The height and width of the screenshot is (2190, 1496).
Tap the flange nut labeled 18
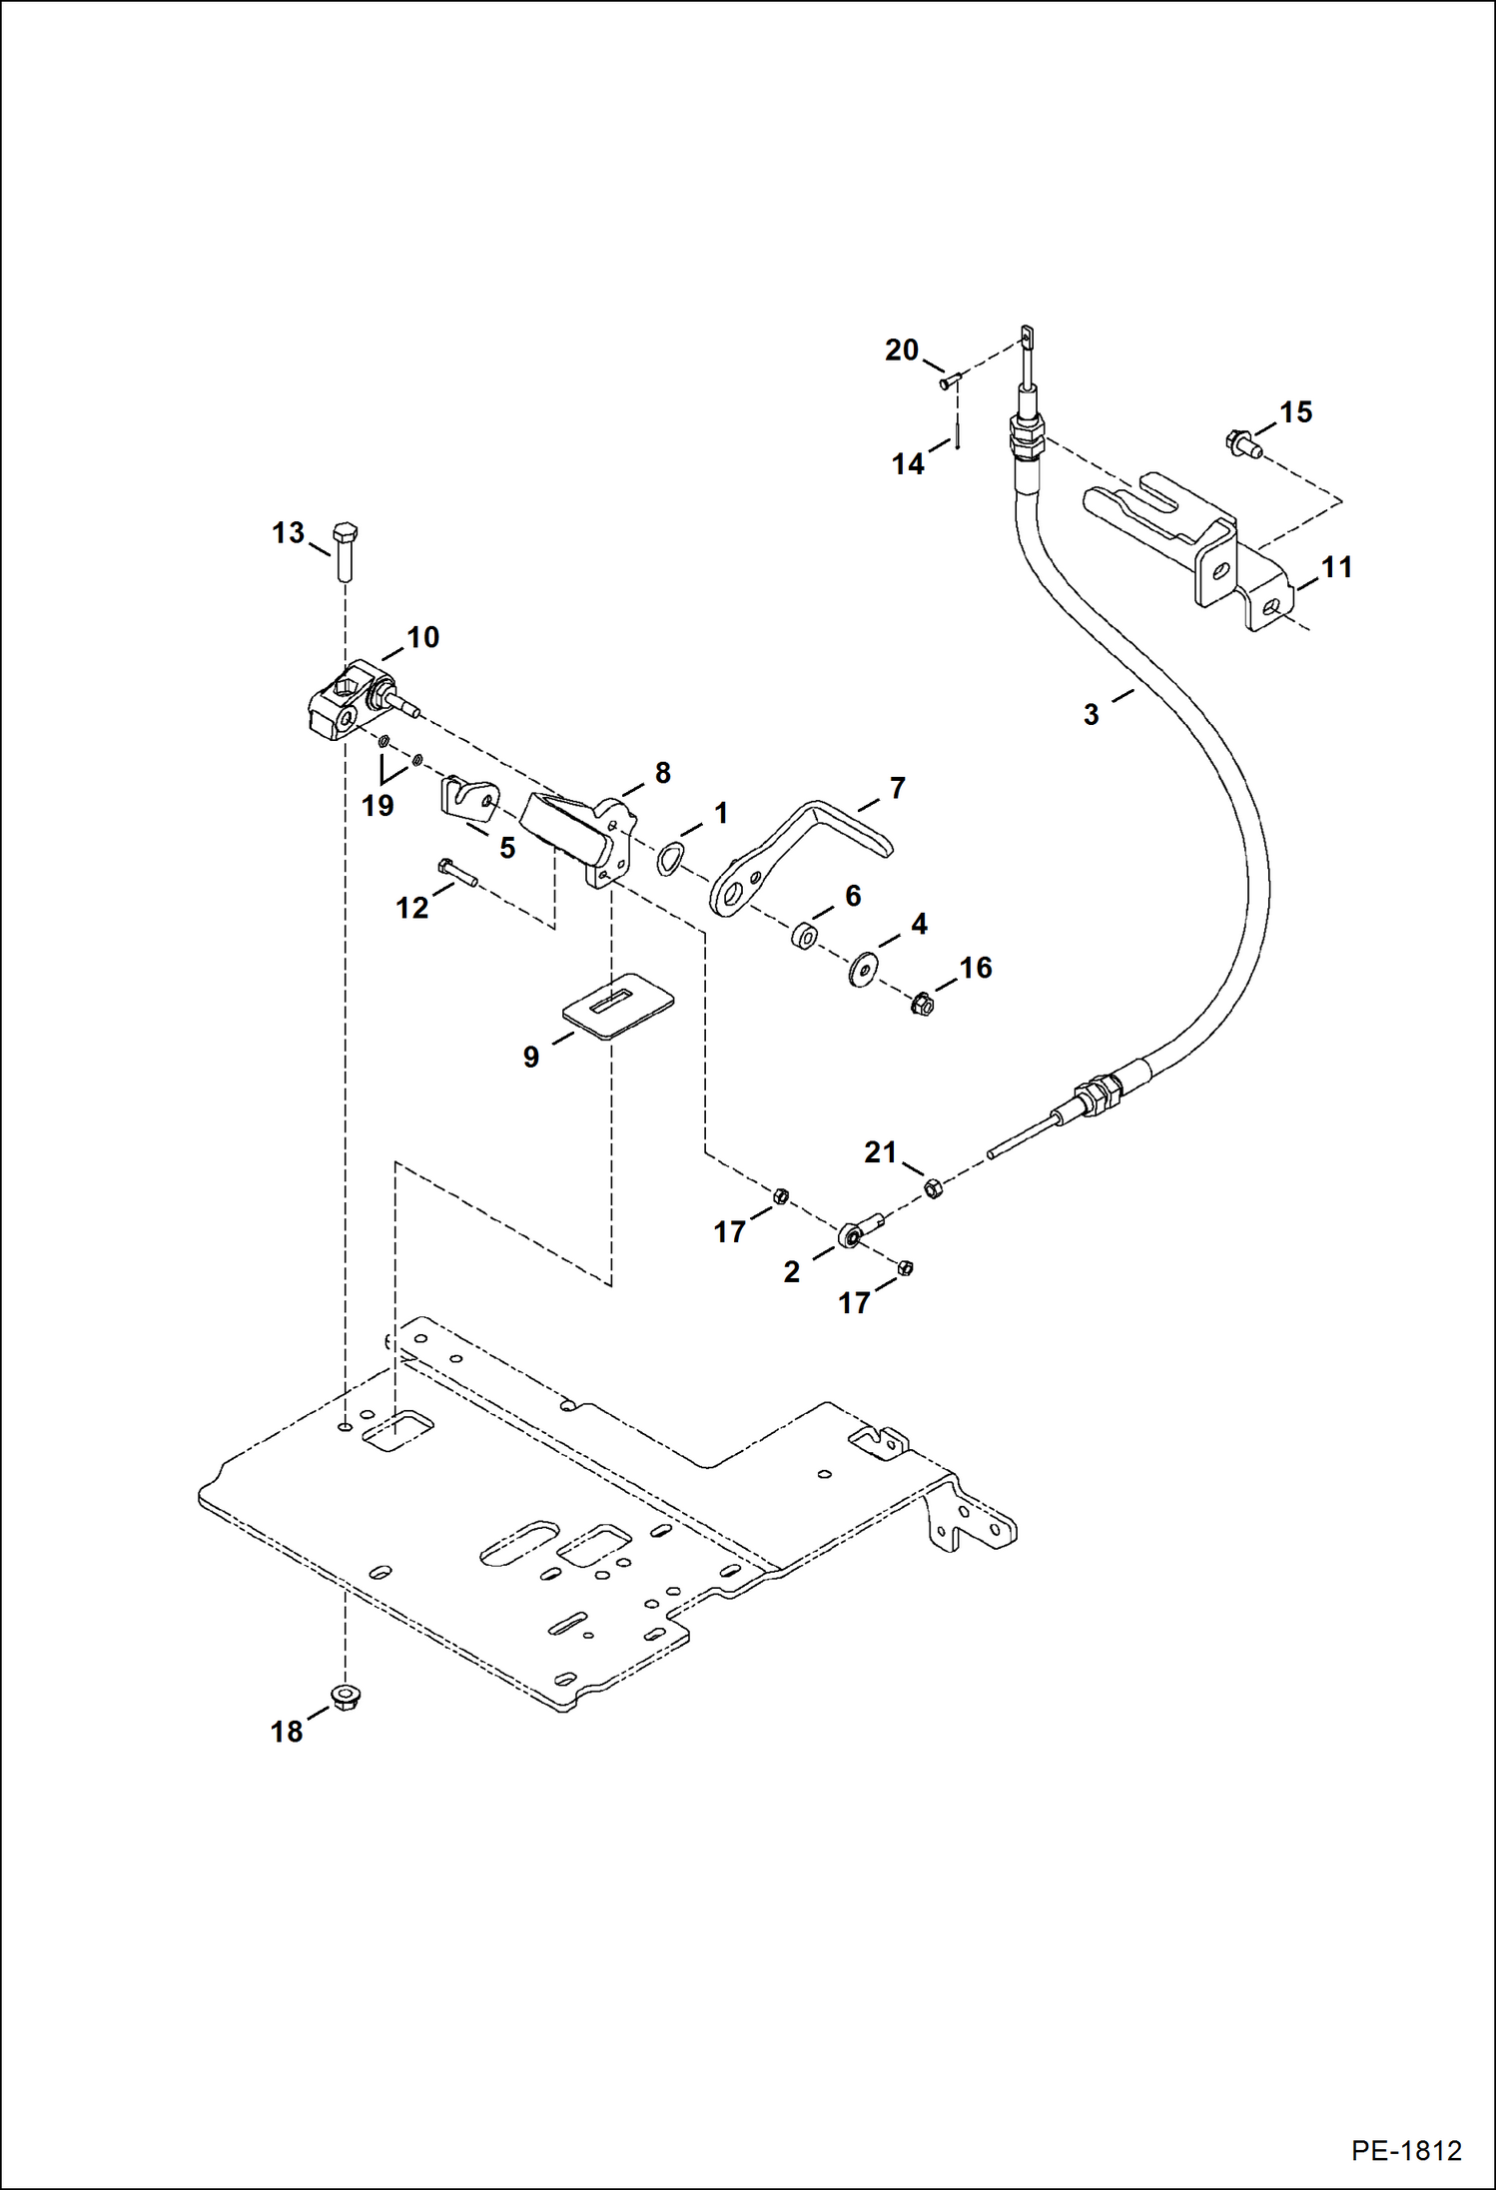pos(345,1697)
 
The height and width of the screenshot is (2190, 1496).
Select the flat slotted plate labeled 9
pos(618,1005)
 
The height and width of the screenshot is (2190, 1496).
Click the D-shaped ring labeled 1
pos(670,858)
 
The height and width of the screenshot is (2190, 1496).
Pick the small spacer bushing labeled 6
pos(804,937)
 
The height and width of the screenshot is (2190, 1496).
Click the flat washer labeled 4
pos(862,969)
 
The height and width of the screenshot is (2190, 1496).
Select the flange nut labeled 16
pos(923,1003)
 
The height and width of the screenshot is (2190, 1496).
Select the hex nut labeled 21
pos(934,1188)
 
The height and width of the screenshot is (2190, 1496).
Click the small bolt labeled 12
pos(457,872)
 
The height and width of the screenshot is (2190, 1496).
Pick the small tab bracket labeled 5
pos(468,799)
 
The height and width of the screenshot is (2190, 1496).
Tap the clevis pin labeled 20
pos(950,380)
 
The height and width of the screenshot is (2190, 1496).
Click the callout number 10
pos(422,637)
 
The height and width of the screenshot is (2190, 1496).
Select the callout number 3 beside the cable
pos(1091,714)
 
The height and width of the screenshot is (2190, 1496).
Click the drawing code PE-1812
pos(1405,2150)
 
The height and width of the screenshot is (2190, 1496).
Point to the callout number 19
pos(377,805)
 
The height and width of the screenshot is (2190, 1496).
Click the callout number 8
pos(662,772)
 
